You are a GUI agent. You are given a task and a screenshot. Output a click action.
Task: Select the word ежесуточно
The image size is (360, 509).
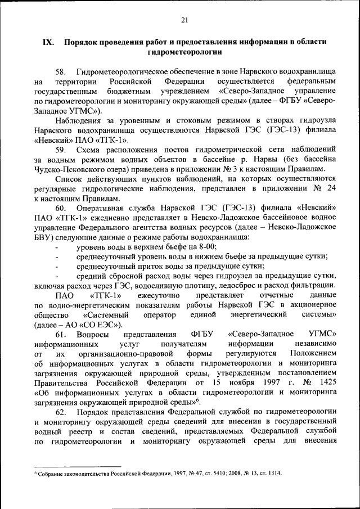pos(160,295)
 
